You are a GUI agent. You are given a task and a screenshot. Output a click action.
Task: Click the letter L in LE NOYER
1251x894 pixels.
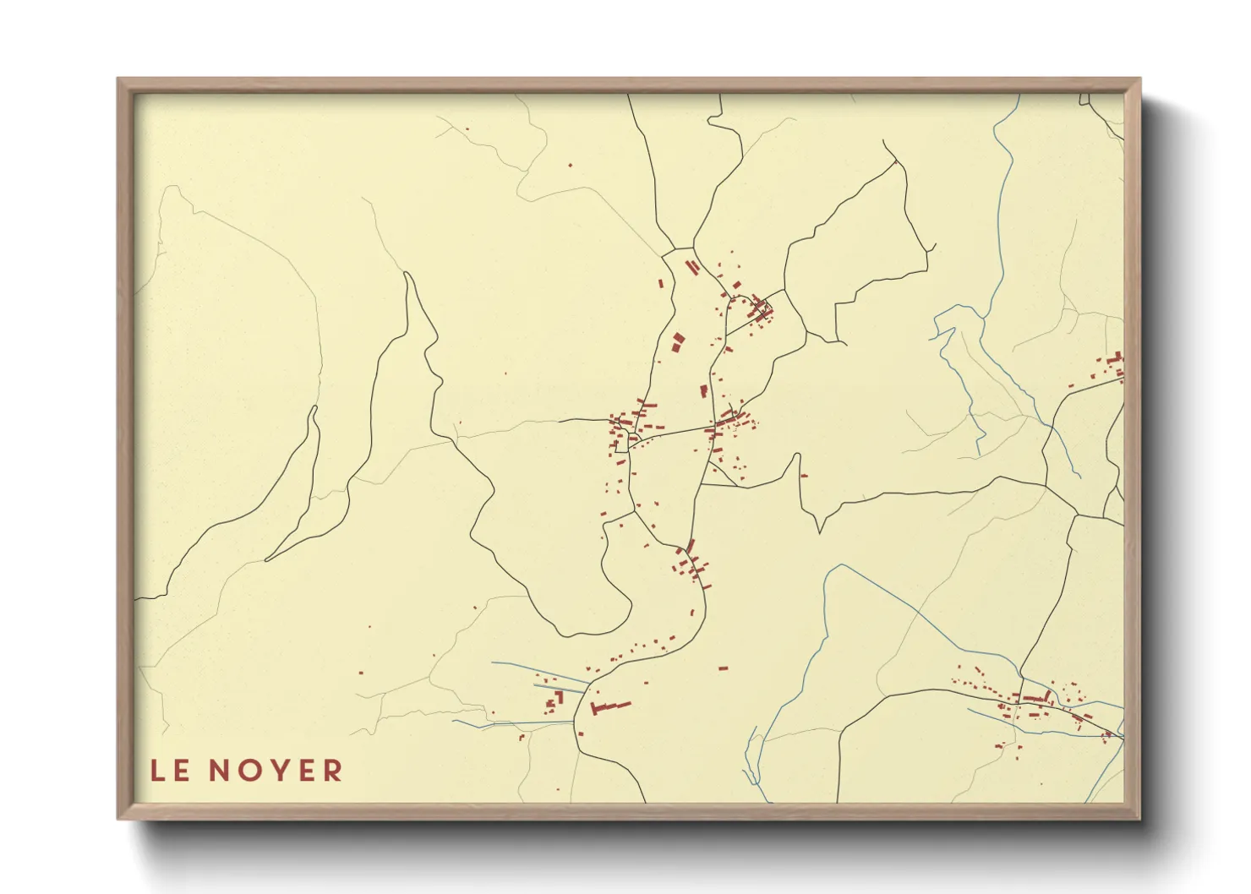[157, 771]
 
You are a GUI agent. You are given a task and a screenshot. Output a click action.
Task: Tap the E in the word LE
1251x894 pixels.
[181, 771]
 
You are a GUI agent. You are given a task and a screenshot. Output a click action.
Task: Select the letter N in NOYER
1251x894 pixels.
[221, 771]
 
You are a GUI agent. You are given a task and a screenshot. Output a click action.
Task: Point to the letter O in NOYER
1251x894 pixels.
[251, 771]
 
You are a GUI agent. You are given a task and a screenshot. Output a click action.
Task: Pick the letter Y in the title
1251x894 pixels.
[280, 771]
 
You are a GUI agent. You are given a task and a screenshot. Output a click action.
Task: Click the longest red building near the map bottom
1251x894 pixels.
[610, 706]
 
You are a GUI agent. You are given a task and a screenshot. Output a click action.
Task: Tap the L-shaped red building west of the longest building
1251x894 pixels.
[558, 697]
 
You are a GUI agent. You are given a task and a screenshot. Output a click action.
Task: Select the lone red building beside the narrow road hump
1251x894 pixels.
[804, 476]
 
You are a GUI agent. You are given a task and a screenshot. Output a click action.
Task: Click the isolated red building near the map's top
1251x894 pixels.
[570, 165]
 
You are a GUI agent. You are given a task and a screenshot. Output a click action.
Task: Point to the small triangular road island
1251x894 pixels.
[720, 476]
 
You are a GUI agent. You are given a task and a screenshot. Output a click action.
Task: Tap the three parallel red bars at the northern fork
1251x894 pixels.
[692, 267]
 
